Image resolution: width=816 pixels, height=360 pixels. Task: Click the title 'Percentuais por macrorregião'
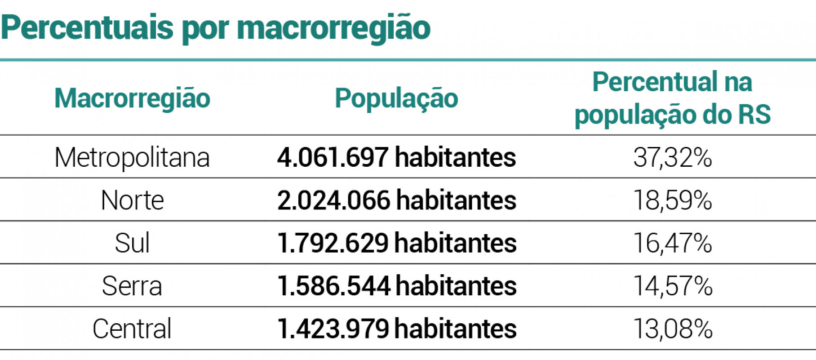coord(216,28)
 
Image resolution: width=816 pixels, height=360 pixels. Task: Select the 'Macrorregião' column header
coord(132,98)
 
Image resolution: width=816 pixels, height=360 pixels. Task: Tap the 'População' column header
coord(396,98)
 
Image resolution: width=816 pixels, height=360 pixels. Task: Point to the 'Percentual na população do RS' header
coord(672,98)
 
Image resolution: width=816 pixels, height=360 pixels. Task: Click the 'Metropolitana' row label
coord(132,157)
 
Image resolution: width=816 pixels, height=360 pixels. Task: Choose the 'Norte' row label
coord(132,200)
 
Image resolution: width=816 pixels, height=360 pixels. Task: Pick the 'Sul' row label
coord(132,243)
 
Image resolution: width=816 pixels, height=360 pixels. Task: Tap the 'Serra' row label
coord(132,286)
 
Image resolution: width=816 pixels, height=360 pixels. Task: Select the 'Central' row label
coord(132,329)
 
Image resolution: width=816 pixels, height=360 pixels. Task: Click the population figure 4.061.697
coord(333,157)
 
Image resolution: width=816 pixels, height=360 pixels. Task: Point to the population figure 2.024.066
coord(333,200)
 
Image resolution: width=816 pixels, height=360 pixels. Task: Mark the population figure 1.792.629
coord(333,243)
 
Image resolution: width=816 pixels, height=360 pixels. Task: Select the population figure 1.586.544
coord(333,286)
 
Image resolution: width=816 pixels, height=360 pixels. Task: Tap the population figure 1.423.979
coord(333,329)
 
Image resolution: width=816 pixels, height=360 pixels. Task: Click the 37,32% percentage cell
coord(673,157)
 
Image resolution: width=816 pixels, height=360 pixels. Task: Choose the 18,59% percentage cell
coord(673,200)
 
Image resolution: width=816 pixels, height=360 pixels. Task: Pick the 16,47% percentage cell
coord(673,243)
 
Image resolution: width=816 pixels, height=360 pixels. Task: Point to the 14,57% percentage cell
coord(673,286)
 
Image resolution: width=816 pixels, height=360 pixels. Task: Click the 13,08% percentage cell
coord(673,329)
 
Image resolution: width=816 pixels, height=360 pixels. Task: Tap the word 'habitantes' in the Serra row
coord(456,286)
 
